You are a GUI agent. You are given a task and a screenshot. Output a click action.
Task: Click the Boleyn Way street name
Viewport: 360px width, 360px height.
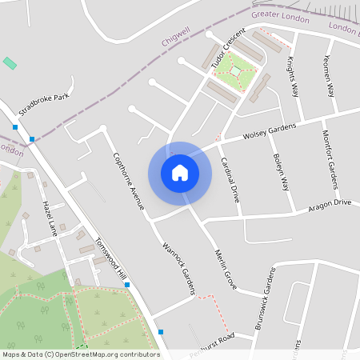[280, 170]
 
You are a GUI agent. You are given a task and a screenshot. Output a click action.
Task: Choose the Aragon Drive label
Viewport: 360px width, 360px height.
[330, 206]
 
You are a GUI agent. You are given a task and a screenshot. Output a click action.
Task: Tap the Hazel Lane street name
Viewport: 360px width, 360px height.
[49, 217]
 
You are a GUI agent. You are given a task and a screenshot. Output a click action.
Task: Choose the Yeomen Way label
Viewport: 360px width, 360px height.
[329, 77]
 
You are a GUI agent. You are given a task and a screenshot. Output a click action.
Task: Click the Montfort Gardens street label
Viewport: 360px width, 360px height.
[332, 165]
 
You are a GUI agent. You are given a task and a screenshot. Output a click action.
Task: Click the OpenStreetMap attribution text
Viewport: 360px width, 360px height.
[81, 354]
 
